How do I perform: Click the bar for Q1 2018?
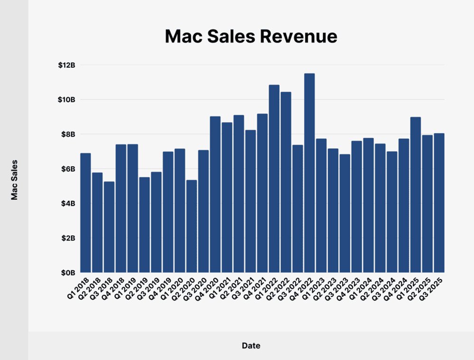coord(85,213)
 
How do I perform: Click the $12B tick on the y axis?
coord(66,65)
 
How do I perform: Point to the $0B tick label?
coord(68,273)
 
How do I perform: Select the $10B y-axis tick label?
coord(66,99)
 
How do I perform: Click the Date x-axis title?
coord(251,346)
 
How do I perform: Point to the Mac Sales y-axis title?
coord(14,180)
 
